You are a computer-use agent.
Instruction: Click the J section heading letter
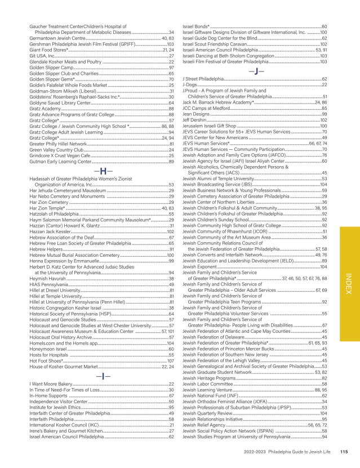[252, 72]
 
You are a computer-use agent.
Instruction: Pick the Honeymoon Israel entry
[48, 349]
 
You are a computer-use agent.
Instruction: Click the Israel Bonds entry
[197, 26]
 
